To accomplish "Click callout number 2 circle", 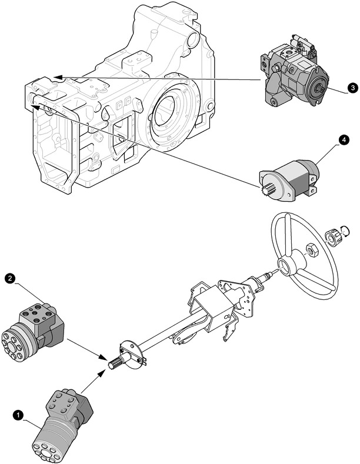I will [9, 277].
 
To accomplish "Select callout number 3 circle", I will [351, 88].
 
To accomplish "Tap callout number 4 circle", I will [344, 140].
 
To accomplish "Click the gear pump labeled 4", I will [290, 176].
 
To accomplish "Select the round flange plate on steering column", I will [130, 354].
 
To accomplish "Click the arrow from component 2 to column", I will [85, 348].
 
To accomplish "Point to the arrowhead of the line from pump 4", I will [37, 106].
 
